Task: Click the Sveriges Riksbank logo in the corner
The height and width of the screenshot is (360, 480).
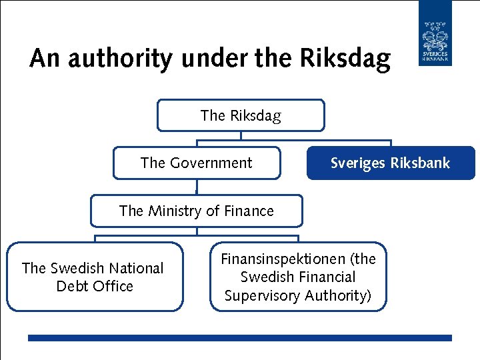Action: pos(435,33)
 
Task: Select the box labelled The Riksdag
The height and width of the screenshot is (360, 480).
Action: pos(241,115)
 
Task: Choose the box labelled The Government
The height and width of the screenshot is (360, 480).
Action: pos(196,163)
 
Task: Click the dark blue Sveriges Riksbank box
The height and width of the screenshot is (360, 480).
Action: pos(391,163)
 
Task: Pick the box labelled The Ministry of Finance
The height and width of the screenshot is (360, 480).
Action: pos(196,211)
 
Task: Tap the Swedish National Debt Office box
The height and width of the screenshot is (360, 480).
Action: pos(94,277)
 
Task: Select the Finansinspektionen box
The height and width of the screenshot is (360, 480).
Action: pos(298,277)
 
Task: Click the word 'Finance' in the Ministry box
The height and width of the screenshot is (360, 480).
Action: pos(249,211)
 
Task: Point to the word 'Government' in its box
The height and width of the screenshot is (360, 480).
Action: pos(211,163)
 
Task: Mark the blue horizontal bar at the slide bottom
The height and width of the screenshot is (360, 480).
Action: pos(240,339)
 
